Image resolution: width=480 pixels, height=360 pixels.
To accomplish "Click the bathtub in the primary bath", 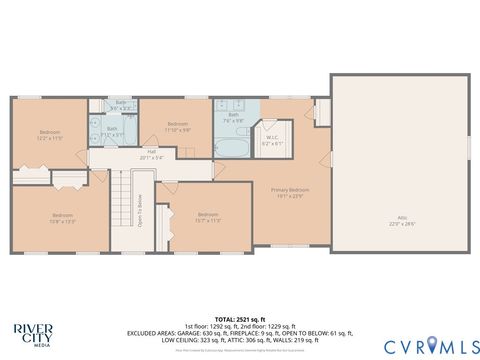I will pyautogui.click(x=231, y=147).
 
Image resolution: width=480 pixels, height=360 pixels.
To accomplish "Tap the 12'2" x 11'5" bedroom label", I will pyautogui.click(x=50, y=135).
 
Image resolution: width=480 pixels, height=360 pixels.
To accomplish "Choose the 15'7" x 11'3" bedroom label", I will pyautogui.click(x=207, y=216).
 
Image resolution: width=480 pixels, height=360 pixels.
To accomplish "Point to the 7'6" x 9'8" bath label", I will pyautogui.click(x=234, y=118).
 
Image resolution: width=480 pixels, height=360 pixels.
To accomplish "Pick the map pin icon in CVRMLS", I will pyautogui.click(x=431, y=345).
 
